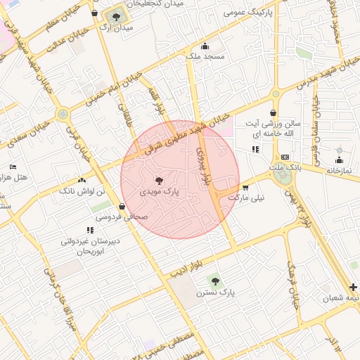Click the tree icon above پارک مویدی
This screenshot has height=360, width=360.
[x=158, y=180]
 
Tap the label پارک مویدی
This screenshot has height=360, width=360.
[x=157, y=191]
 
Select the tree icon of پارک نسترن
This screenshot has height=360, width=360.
[x=215, y=281]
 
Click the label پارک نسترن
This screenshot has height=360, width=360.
[x=214, y=291]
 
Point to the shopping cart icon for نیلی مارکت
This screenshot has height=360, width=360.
[x=245, y=187]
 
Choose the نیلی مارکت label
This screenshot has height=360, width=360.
[x=247, y=198]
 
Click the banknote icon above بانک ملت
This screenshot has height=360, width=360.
[x=285, y=157]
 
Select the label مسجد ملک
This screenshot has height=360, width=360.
[x=205, y=57]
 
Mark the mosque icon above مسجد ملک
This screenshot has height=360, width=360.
[x=205, y=46]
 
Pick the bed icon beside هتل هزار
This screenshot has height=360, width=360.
[x=13, y=167]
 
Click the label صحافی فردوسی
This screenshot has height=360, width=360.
[x=123, y=217]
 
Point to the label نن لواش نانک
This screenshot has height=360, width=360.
[x=80, y=191]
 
